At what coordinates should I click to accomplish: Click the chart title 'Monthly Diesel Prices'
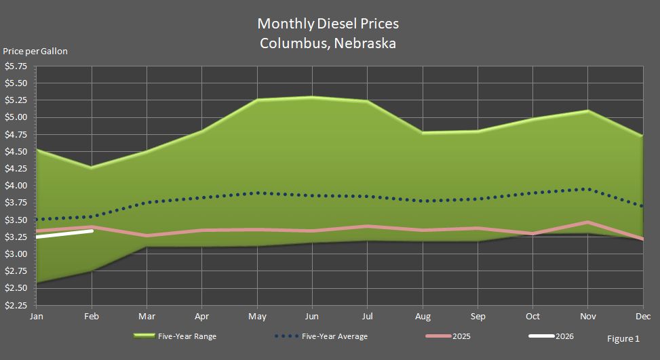pyautogui.click(x=328, y=24)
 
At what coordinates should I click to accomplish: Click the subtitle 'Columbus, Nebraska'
pyautogui.click(x=328, y=43)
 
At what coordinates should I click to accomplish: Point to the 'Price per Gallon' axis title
pyautogui.click(x=35, y=52)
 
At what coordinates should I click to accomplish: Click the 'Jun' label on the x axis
pyautogui.click(x=311, y=316)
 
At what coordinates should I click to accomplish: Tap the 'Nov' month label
pyautogui.click(x=587, y=316)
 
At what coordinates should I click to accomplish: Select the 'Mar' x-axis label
pyautogui.click(x=146, y=316)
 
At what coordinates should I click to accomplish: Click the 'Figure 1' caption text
pyautogui.click(x=623, y=338)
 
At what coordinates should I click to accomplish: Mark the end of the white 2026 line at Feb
pyautogui.click(x=92, y=231)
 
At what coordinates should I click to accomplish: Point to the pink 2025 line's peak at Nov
pyautogui.click(x=587, y=222)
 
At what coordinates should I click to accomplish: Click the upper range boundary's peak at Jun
pyautogui.click(x=311, y=97)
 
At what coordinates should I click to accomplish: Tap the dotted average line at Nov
pyautogui.click(x=587, y=189)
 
